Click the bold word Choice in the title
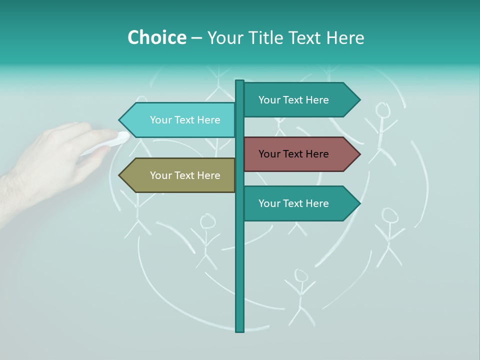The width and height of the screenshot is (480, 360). [156, 37]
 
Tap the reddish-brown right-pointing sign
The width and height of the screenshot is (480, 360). [297, 154]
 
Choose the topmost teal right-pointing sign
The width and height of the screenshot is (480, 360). [297, 100]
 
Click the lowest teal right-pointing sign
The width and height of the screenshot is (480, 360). [297, 203]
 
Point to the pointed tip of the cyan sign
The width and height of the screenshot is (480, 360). [120, 120]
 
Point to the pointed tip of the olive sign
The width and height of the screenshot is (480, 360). [120, 175]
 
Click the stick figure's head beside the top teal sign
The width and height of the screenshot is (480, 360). [383, 110]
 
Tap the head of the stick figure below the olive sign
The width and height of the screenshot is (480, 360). [207, 221]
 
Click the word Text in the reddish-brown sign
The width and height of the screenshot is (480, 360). [294, 154]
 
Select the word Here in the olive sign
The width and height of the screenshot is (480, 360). [207, 175]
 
